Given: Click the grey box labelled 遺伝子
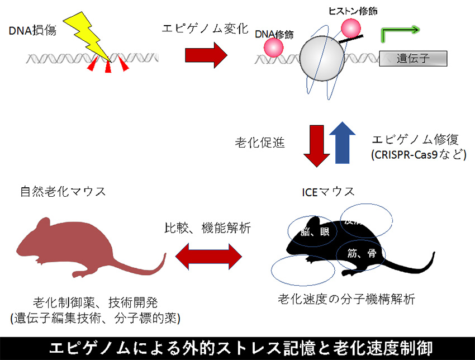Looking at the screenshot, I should (x=413, y=58).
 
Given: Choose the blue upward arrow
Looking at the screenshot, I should (x=341, y=144).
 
